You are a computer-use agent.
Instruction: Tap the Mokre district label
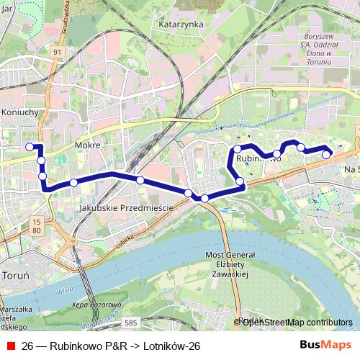click(86, 145)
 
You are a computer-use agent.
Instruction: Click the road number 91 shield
click(56, 52)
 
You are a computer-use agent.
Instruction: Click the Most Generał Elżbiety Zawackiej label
click(230, 264)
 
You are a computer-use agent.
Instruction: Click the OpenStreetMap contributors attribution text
click(296, 323)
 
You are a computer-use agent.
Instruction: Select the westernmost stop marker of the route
click(30, 147)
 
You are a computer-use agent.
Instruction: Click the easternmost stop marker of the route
click(326, 154)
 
